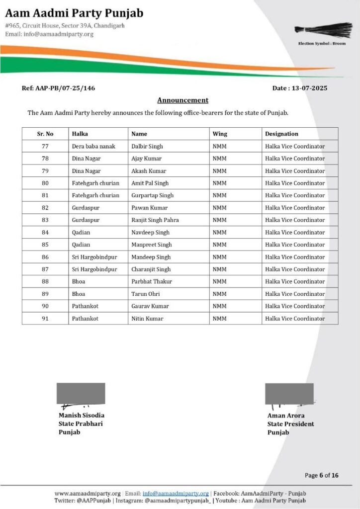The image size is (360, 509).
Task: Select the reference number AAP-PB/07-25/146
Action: tap(65, 88)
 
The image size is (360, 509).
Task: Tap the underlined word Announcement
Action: tap(182, 100)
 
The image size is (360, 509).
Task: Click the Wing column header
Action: tap(220, 134)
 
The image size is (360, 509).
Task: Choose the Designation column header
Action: tap(281, 134)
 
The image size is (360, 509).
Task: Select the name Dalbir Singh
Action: tap(147, 146)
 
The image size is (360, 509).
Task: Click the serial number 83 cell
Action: tap(45, 220)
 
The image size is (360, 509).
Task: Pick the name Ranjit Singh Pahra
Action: tap(155, 220)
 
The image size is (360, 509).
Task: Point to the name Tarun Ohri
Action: tap(146, 294)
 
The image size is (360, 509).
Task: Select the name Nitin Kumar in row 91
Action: tap(147, 318)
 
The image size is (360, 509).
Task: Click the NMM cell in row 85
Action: tap(219, 245)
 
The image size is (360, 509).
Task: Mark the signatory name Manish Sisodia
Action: tap(82, 415)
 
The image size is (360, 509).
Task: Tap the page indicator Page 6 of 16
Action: tap(322, 475)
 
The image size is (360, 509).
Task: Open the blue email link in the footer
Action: tap(176, 493)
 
